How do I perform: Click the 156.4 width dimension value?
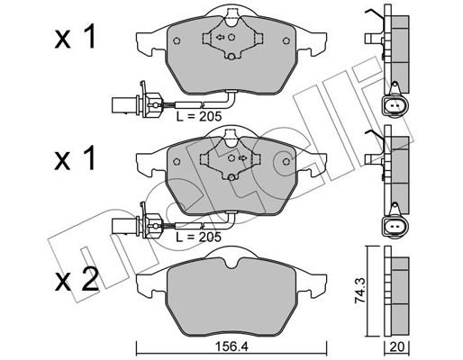pos(231,346)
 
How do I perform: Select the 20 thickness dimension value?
pos(397,347)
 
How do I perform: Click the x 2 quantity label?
pos(77,280)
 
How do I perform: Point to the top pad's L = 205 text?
pos(199,116)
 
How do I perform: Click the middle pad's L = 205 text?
pos(199,237)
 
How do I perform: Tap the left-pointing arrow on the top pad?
pos(221,37)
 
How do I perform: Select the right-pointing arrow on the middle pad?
pos(242,157)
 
